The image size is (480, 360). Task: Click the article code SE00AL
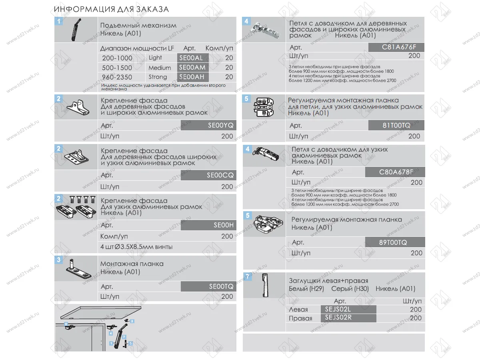191,58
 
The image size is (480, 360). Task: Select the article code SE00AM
192,68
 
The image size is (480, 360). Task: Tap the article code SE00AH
192,77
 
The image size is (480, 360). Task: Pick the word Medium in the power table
160,68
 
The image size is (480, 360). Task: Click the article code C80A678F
396,172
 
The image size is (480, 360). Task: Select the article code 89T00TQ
393,242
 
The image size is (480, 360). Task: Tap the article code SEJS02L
338,309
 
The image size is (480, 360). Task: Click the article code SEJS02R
338,318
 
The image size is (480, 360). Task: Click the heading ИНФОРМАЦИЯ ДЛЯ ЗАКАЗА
111,9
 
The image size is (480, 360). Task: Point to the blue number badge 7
248,276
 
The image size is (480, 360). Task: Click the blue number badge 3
59,260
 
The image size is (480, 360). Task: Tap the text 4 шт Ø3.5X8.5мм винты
136,247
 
